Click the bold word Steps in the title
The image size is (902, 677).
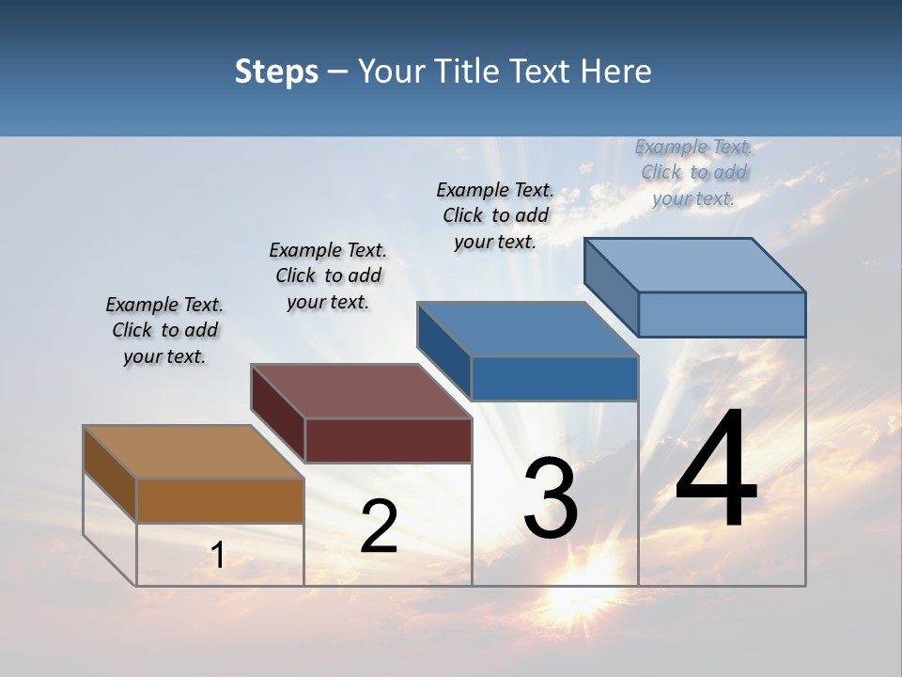[275, 71]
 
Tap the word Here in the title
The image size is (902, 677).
[617, 71]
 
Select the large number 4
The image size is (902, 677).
[716, 469]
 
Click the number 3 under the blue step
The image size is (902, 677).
[551, 498]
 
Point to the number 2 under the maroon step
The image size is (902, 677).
[379, 527]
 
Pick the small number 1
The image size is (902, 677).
[217, 556]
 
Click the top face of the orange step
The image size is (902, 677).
[194, 452]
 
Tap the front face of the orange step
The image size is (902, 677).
[220, 500]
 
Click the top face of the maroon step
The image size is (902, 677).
[361, 391]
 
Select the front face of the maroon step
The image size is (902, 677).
[388, 440]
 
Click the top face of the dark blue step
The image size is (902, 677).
[527, 329]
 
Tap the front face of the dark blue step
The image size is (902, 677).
[554, 378]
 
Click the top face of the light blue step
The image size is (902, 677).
[694, 265]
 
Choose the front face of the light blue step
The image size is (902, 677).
[722, 314]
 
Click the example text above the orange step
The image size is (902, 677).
[164, 330]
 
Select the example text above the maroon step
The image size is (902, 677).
[328, 276]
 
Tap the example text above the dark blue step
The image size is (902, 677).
[495, 215]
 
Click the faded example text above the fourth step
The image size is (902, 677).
[693, 172]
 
